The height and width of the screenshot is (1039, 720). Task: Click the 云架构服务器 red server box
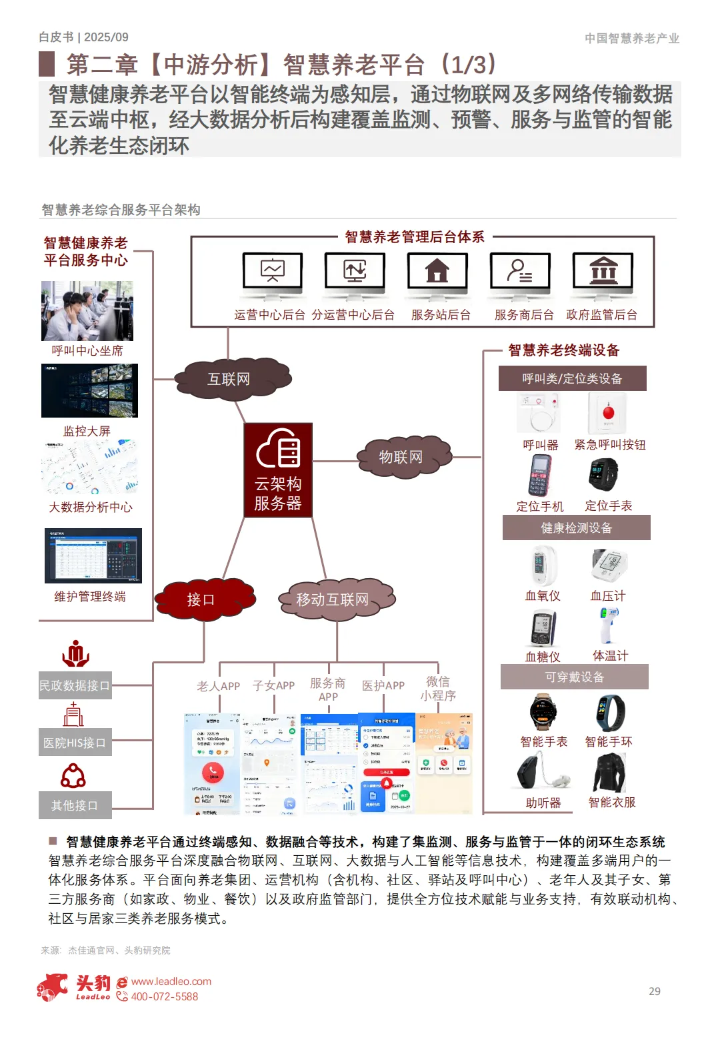(278, 470)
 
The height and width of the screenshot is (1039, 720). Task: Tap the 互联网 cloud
(229, 379)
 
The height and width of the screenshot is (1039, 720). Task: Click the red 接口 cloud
(201, 599)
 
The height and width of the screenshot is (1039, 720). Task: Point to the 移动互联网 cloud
(333, 599)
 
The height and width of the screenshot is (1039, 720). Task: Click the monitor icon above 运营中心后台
(272, 273)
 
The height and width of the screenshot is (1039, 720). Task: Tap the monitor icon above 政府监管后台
(603, 273)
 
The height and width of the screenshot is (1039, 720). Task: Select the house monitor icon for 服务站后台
(437, 273)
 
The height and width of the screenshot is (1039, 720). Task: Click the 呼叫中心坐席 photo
(87, 310)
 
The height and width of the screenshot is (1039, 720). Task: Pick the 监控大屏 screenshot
(89, 391)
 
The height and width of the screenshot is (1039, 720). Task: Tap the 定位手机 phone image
(540, 476)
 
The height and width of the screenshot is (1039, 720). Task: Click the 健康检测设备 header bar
(576, 528)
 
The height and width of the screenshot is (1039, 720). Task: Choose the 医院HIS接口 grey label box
(75, 743)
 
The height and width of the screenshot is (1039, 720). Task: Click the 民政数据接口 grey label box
(75, 685)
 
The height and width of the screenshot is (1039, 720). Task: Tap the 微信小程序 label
(438, 688)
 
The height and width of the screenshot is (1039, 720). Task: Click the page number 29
(655, 991)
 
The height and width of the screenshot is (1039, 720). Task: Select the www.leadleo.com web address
(171, 981)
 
